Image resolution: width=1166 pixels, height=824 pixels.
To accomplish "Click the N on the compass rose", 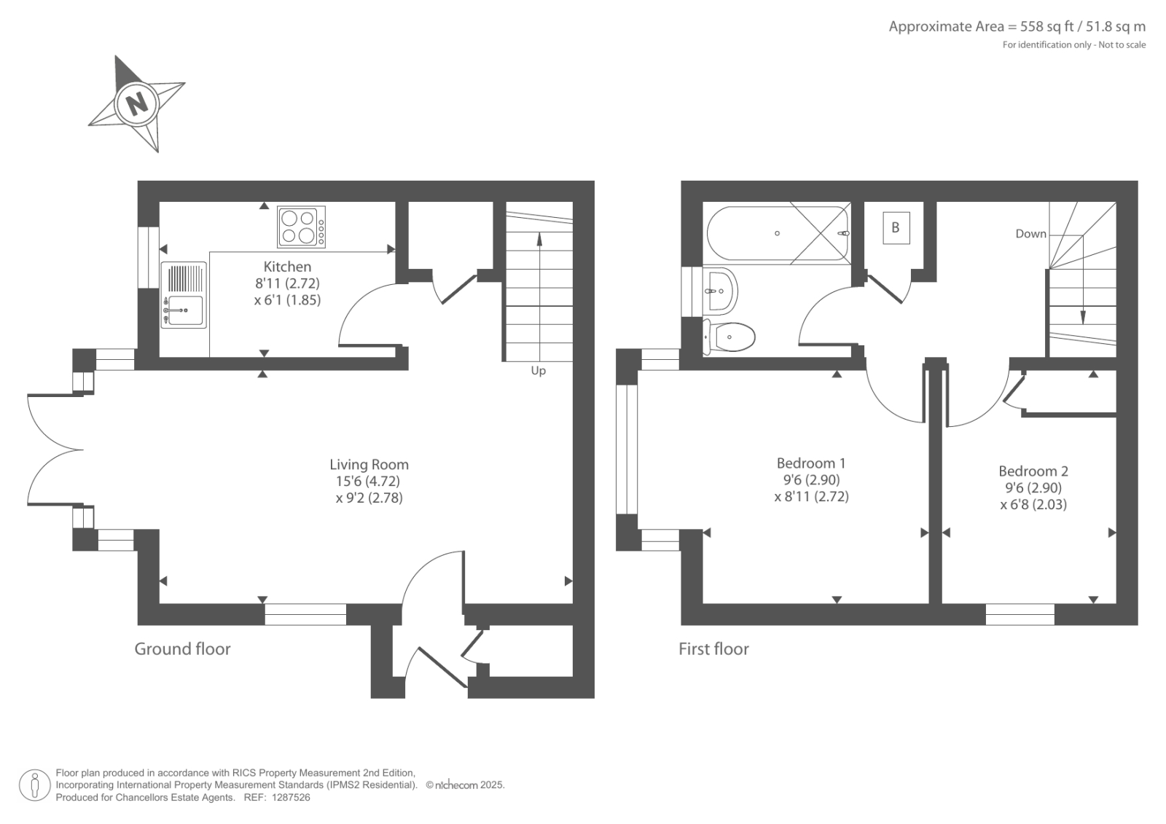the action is (x=138, y=103).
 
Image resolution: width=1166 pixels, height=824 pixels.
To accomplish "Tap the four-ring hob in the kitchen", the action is (x=302, y=227).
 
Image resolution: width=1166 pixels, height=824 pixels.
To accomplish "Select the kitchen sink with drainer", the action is (x=184, y=294).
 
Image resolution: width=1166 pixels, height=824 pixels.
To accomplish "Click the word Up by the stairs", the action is (x=539, y=371).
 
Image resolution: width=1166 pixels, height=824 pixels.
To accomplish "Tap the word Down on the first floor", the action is (x=1030, y=234).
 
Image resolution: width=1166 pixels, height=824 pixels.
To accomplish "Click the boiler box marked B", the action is (x=896, y=227).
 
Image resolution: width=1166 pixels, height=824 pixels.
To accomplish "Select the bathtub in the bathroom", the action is (x=778, y=233).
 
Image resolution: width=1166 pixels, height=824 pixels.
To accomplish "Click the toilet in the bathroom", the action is (x=729, y=337).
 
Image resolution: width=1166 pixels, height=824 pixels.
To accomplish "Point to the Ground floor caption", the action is (x=182, y=648).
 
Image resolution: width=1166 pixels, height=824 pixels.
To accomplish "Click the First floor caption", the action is (x=713, y=648).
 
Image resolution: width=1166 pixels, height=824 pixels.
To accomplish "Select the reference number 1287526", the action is (x=291, y=797).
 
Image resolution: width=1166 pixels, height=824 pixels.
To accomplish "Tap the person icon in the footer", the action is (x=34, y=785).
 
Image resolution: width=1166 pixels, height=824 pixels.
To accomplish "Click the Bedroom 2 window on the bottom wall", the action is (x=1020, y=614).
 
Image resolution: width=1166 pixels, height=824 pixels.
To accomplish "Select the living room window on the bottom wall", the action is (x=305, y=614).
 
